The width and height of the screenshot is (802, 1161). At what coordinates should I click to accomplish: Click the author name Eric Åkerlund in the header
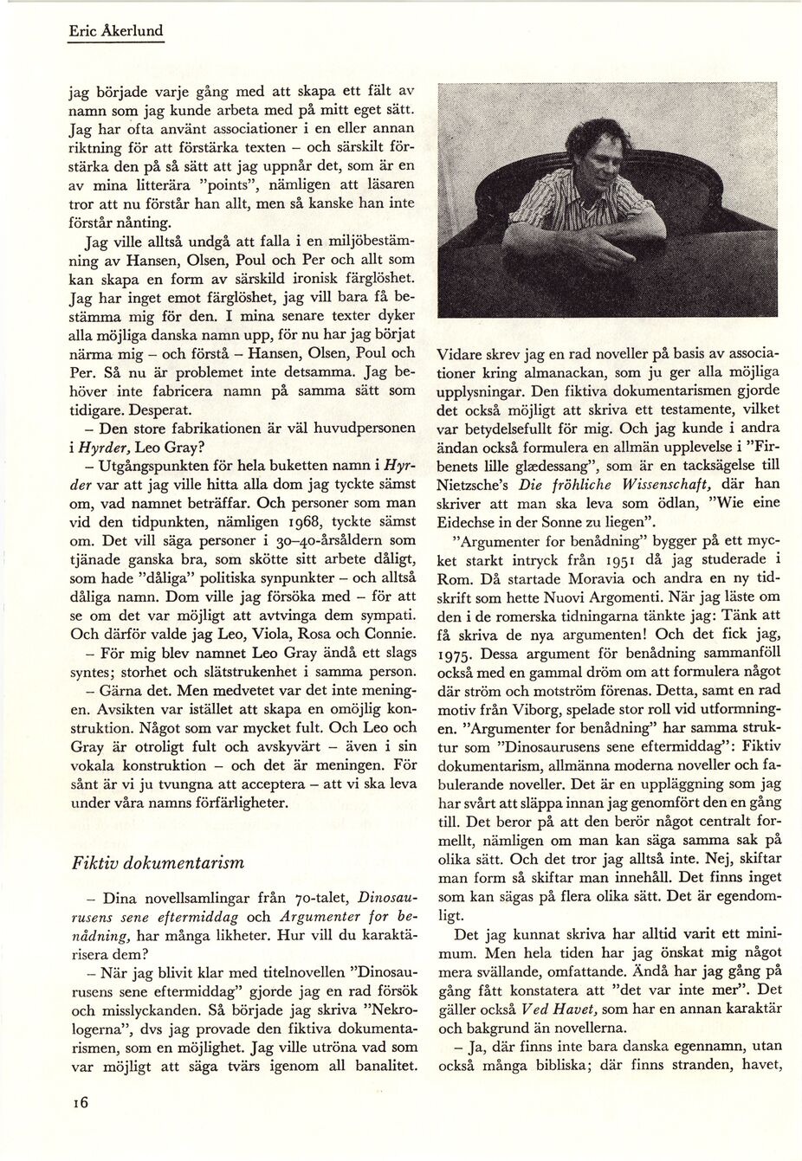116,32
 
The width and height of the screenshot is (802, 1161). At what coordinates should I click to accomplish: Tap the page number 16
81,1102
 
